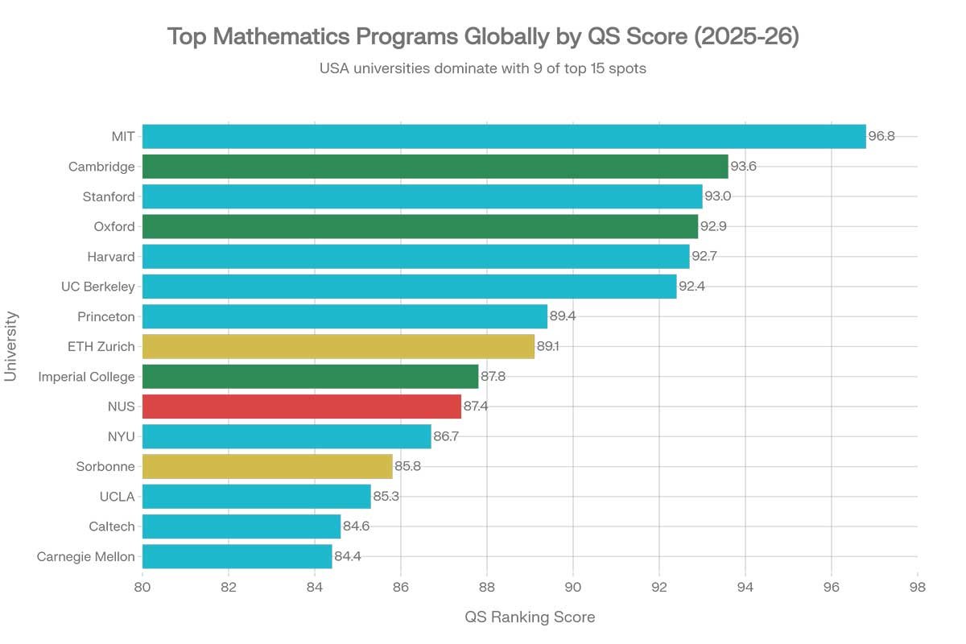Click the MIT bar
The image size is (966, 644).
point(504,137)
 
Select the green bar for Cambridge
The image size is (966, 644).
point(435,167)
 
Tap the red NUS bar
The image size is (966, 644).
point(302,407)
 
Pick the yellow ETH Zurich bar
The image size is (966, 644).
point(338,346)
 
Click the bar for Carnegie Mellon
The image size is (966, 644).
point(237,556)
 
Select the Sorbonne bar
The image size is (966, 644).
point(267,467)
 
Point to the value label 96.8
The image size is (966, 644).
point(881,137)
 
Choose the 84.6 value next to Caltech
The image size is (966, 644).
point(357,526)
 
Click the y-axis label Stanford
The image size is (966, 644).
point(109,196)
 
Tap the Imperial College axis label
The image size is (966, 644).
point(86,377)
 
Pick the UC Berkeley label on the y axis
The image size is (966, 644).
point(97,287)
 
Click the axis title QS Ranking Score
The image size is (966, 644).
point(530,617)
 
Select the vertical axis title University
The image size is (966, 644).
point(11,347)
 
